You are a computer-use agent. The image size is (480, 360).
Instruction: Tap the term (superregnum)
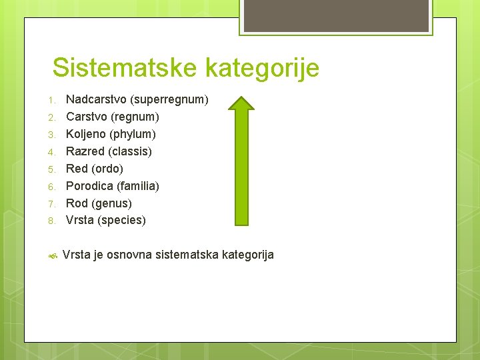(x=169, y=99)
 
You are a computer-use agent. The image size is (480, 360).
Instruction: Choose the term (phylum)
(x=132, y=134)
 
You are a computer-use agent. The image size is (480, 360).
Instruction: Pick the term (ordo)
(x=107, y=169)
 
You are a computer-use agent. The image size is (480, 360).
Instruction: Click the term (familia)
(x=138, y=185)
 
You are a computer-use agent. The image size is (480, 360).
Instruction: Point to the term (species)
(x=121, y=220)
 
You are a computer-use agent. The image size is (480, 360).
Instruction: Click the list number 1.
(x=51, y=100)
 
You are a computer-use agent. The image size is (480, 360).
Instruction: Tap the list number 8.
(x=51, y=221)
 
